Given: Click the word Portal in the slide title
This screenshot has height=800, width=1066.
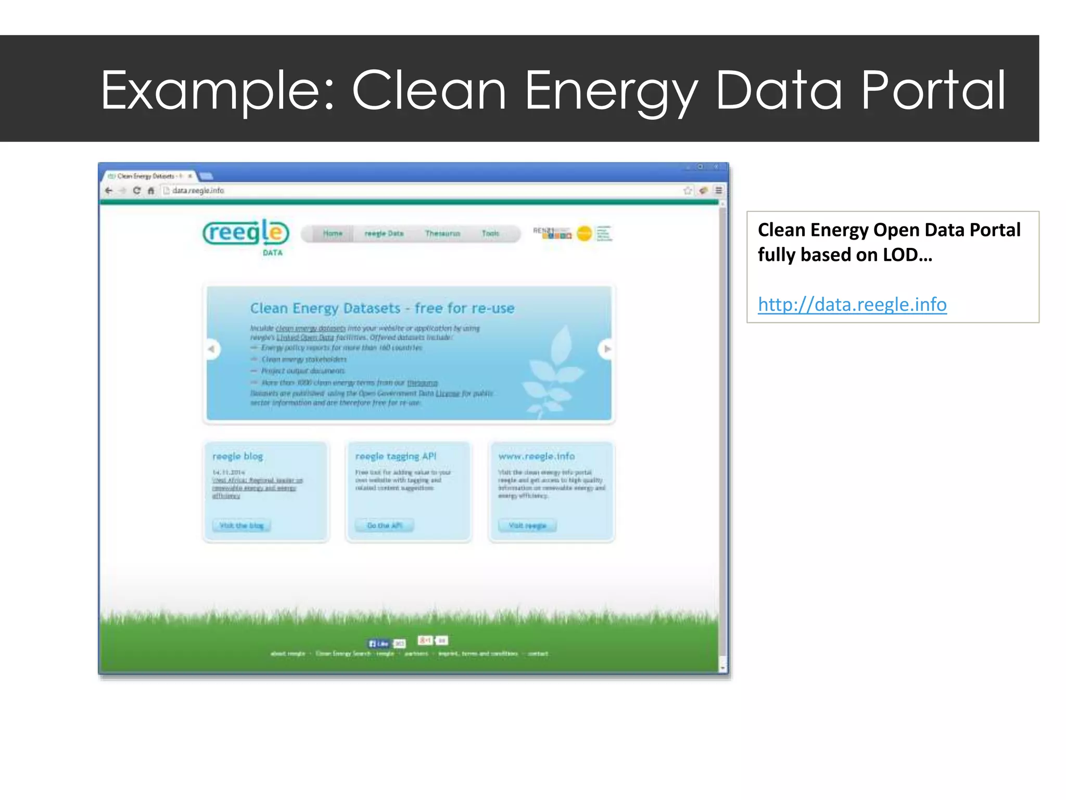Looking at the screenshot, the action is pyautogui.click(x=933, y=91).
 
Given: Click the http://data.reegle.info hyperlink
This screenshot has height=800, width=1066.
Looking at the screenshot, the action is pyautogui.click(x=852, y=304).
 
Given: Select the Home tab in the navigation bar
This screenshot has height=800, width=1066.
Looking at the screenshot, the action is pyautogui.click(x=333, y=233).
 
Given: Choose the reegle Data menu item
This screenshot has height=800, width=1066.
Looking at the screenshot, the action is pyautogui.click(x=384, y=233).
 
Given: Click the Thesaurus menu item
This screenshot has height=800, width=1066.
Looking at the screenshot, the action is pyautogui.click(x=442, y=233).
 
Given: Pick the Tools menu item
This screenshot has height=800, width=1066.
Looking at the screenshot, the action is pyautogui.click(x=490, y=233).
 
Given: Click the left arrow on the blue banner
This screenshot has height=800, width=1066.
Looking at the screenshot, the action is pyautogui.click(x=211, y=349).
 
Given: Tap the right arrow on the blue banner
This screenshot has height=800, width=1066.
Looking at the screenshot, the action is pyautogui.click(x=607, y=349).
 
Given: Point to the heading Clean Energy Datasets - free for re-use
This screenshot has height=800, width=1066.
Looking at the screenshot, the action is pyautogui.click(x=382, y=308).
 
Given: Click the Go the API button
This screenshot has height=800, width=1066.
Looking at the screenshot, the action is pyautogui.click(x=385, y=526).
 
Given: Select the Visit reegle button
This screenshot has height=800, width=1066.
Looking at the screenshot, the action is pyautogui.click(x=527, y=526).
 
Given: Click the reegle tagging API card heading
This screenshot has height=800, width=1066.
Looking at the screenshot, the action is pyautogui.click(x=396, y=456).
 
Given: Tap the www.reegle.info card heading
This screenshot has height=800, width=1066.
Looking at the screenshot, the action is pyautogui.click(x=536, y=456).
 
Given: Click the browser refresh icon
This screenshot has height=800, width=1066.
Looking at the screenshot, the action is pyautogui.click(x=137, y=191).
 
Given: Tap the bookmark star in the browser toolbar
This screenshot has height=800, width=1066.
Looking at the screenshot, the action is pyautogui.click(x=688, y=191).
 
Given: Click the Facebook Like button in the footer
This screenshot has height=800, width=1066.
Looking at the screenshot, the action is pyautogui.click(x=379, y=643).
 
